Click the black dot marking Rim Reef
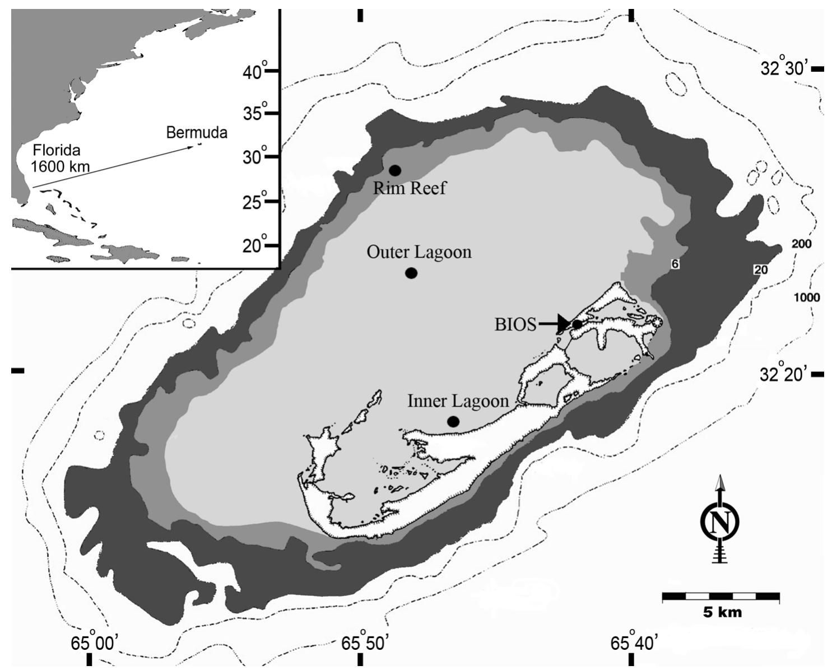tap(394, 170)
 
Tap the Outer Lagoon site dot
tap(411, 273)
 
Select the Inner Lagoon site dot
tap(453, 421)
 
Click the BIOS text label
tap(515, 324)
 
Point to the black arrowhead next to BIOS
tap(563, 323)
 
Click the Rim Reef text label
tap(410, 188)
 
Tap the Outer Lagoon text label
tap(419, 252)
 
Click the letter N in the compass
tap(720, 522)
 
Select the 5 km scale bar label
tap(722, 612)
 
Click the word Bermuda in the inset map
tap(197, 133)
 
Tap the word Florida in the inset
tap(57, 150)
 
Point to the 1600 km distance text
tap(61, 166)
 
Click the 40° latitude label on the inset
tap(255, 72)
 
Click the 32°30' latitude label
tap(784, 68)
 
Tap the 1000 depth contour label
tap(807, 297)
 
